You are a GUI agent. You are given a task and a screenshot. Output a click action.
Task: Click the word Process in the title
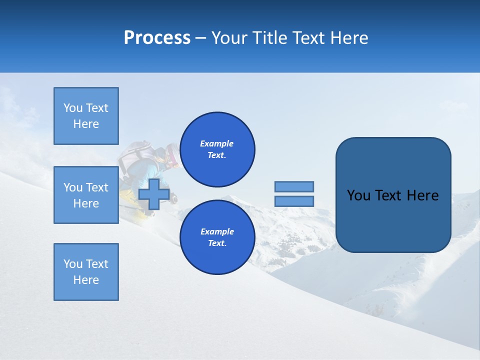157,38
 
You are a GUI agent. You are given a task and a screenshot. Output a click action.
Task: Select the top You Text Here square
86,116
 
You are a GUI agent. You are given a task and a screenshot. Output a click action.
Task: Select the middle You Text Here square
86,195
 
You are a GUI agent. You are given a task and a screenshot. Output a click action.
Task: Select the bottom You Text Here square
86,272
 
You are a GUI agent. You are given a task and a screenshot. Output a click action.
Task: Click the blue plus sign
154,194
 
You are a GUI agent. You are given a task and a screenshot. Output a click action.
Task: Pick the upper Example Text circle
217,149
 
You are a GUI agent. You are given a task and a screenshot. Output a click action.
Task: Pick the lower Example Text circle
217,237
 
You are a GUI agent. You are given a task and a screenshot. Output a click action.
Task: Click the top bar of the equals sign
294,186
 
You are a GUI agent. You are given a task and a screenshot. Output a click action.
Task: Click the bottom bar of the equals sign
294,201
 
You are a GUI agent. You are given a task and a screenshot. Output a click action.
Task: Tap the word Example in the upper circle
217,143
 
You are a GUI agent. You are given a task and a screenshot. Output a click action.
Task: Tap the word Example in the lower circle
217,231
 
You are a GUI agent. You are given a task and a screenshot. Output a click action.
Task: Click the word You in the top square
73,108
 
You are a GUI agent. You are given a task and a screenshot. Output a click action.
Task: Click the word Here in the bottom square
86,280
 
